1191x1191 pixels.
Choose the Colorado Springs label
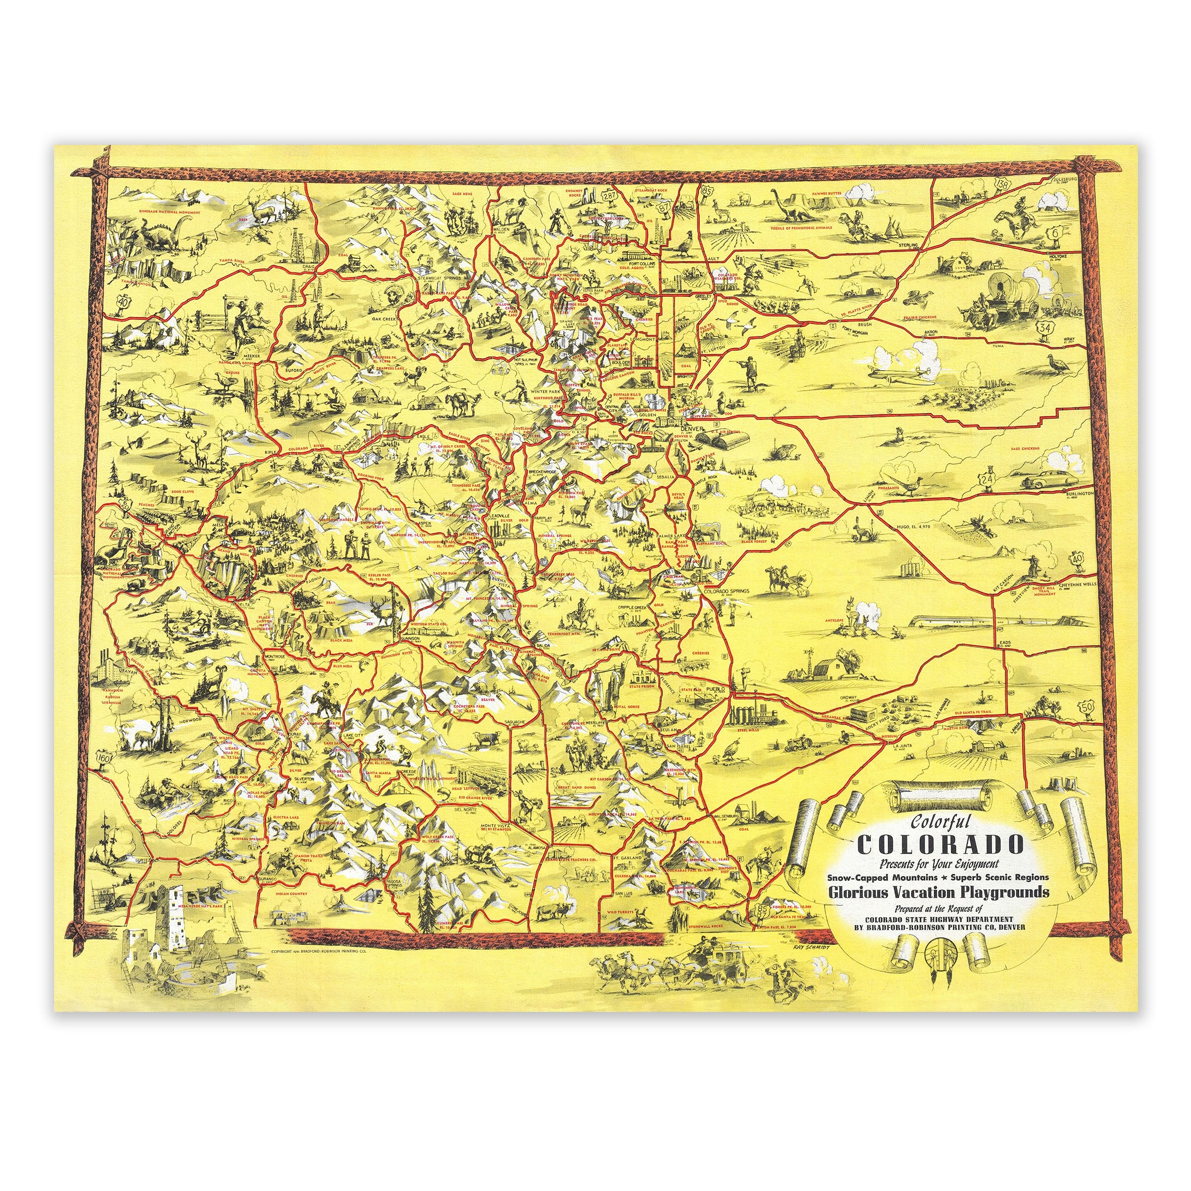click(x=726, y=591)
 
